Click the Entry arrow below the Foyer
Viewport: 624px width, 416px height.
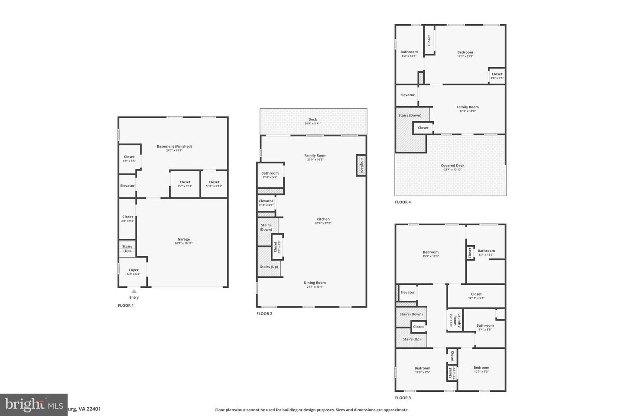pyautogui.click(x=134, y=292)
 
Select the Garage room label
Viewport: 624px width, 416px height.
pyautogui.click(x=184, y=241)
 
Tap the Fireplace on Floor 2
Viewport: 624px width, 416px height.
pyautogui.click(x=361, y=165)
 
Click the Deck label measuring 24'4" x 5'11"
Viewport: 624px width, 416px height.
pyautogui.click(x=312, y=121)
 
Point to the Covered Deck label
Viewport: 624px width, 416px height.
pyautogui.click(x=452, y=167)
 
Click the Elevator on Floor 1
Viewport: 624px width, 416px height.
pyautogui.click(x=127, y=186)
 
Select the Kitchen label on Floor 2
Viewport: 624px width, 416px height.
pyautogui.click(x=323, y=221)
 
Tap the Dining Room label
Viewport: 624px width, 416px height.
pyautogui.click(x=315, y=284)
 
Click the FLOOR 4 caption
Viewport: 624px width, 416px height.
pyautogui.click(x=403, y=202)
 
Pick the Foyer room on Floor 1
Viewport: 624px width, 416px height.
pyautogui.click(x=133, y=272)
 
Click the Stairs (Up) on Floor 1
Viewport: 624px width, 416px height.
pyautogui.click(x=127, y=249)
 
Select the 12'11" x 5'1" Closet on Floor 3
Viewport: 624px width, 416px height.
pyautogui.click(x=476, y=296)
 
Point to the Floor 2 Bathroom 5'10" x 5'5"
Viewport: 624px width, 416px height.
pyautogui.click(x=270, y=175)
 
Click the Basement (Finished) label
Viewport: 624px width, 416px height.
pyautogui.click(x=174, y=148)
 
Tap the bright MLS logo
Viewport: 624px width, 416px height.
pyautogui.click(x=33, y=405)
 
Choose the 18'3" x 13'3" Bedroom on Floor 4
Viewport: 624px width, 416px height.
pyautogui.click(x=465, y=54)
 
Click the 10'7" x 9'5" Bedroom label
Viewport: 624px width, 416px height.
pyautogui.click(x=481, y=369)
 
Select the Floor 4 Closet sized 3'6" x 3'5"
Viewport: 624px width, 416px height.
pyautogui.click(x=497, y=76)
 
